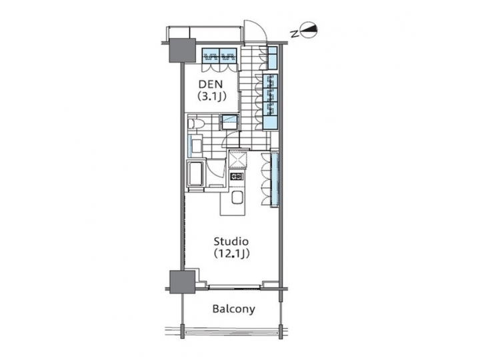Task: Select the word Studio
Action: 231,241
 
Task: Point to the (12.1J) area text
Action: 231,253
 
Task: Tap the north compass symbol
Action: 311,29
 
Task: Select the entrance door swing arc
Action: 254,32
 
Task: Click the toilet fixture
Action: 194,123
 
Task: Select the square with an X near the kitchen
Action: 237,160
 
